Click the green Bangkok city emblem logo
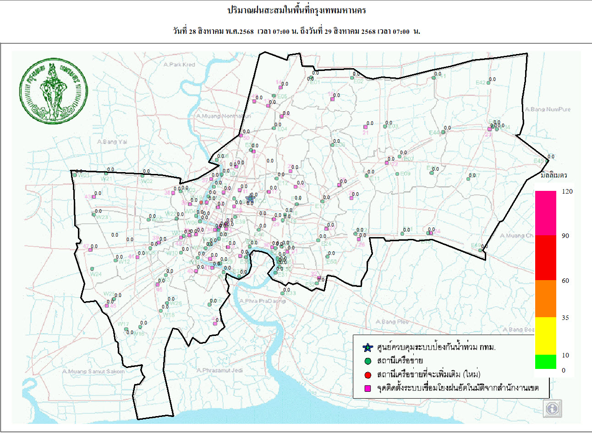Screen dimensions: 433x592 tap(53, 91)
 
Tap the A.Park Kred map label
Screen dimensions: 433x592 tap(179, 65)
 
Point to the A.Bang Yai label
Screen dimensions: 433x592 tap(112, 142)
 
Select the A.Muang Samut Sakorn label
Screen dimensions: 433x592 tap(93, 371)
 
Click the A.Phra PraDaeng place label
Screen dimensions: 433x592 tap(262, 301)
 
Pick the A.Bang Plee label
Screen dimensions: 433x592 tap(392, 322)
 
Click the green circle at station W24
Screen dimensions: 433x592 tap(92, 269)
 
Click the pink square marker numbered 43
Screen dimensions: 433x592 tap(93, 197)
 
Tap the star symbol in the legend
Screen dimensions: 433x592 tap(367, 347)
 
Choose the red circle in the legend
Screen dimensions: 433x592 tap(367, 375)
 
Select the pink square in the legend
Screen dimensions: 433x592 tap(367, 389)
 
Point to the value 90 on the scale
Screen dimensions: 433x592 tap(565, 236)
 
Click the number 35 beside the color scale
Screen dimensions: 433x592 tap(565, 318)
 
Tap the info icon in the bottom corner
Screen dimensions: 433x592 tap(552, 408)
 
